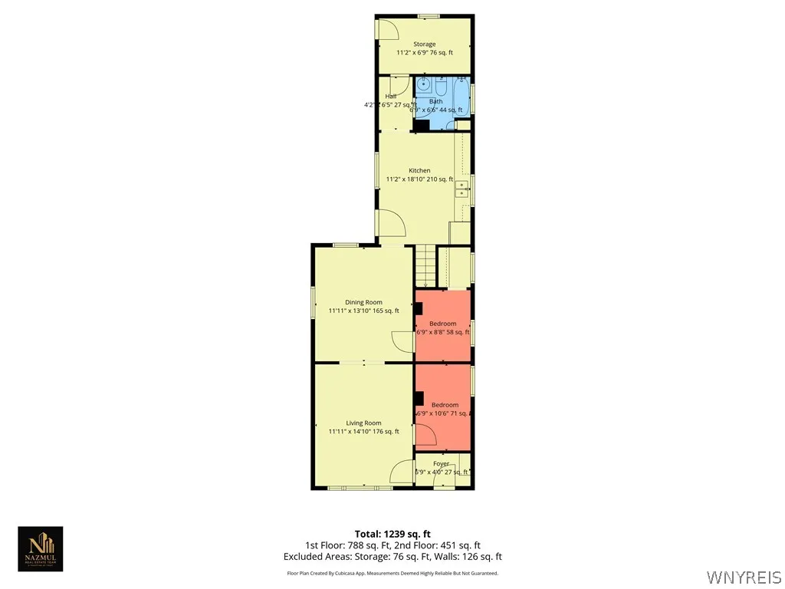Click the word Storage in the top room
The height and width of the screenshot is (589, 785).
[x=424, y=44]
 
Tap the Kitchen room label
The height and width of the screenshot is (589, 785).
[x=419, y=170]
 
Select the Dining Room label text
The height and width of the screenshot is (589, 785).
[x=363, y=302]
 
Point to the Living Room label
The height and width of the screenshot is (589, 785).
[x=363, y=423]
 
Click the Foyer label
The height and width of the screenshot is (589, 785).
[x=442, y=463]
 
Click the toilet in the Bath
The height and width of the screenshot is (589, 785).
[x=444, y=84]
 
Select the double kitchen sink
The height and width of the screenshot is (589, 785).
[x=462, y=189]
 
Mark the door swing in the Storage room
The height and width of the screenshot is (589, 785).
[x=389, y=28]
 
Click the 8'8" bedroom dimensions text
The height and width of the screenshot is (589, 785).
[x=442, y=332]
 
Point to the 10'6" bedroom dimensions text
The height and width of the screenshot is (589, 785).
[x=443, y=413]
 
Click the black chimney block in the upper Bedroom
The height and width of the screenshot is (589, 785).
[x=419, y=308]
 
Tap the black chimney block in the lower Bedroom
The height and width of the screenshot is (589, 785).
[x=419, y=397]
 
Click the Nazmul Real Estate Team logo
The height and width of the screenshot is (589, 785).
[x=41, y=548]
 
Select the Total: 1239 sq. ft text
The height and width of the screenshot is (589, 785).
[x=392, y=534]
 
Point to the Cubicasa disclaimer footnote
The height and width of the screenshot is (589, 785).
[x=392, y=573]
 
